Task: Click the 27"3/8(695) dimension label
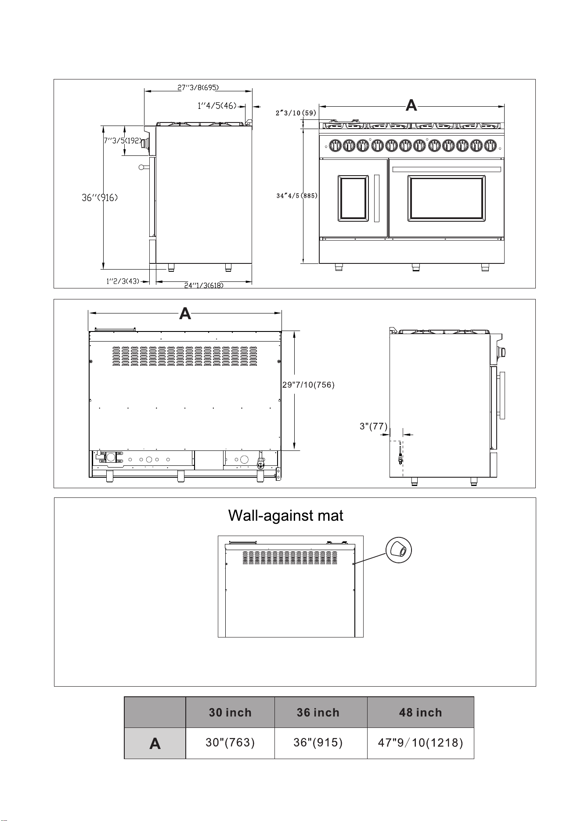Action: [x=198, y=87]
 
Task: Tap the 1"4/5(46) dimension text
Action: [x=217, y=105]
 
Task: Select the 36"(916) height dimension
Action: [x=100, y=198]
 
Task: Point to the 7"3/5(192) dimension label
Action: [x=123, y=141]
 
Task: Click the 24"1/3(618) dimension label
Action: [x=204, y=285]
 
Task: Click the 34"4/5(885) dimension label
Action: [x=297, y=196]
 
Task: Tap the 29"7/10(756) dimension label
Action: [x=308, y=385]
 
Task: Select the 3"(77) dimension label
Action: [x=373, y=426]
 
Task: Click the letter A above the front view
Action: [x=411, y=105]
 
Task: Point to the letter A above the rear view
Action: [x=185, y=313]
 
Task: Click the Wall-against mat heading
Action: [x=286, y=515]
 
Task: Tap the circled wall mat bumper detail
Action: [x=399, y=549]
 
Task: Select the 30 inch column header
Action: [x=230, y=712]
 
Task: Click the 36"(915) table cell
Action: [x=318, y=742]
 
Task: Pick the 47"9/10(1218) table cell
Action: [x=420, y=743]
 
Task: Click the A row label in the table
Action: [x=155, y=744]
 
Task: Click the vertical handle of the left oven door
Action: [x=376, y=198]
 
